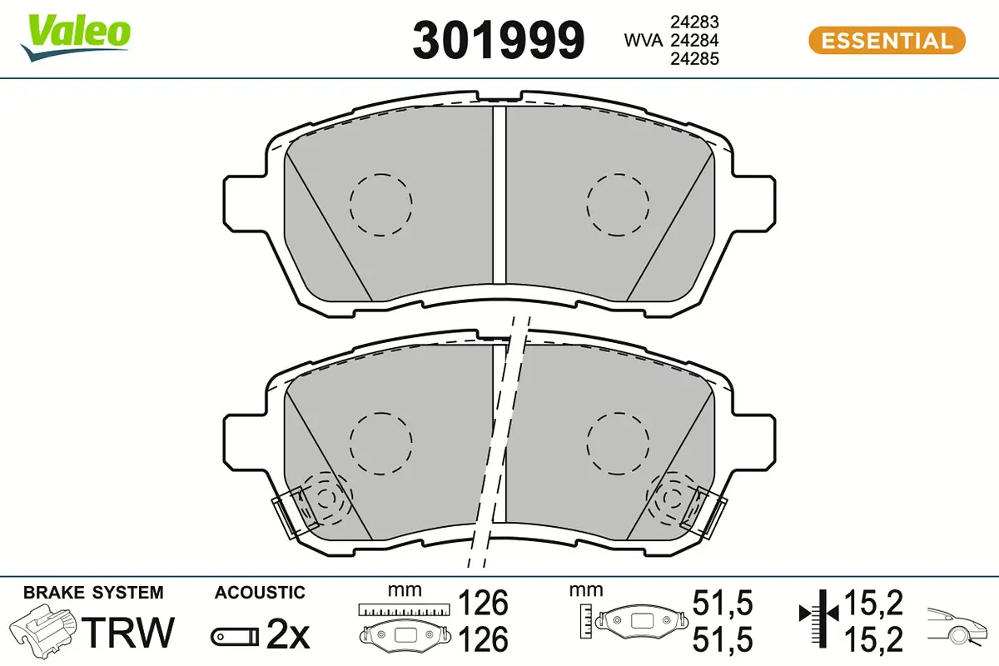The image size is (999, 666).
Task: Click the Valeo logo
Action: point(76,37)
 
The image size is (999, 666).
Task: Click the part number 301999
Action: point(498,40)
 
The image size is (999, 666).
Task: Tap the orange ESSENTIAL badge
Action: point(887,41)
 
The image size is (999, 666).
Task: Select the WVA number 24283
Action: point(694,22)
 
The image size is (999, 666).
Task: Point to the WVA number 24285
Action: point(694,59)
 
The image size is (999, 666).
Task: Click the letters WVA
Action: point(643,41)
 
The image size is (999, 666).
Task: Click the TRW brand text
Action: point(128,632)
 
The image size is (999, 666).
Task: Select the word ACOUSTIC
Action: point(260,593)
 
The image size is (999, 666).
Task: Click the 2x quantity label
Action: point(288,634)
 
